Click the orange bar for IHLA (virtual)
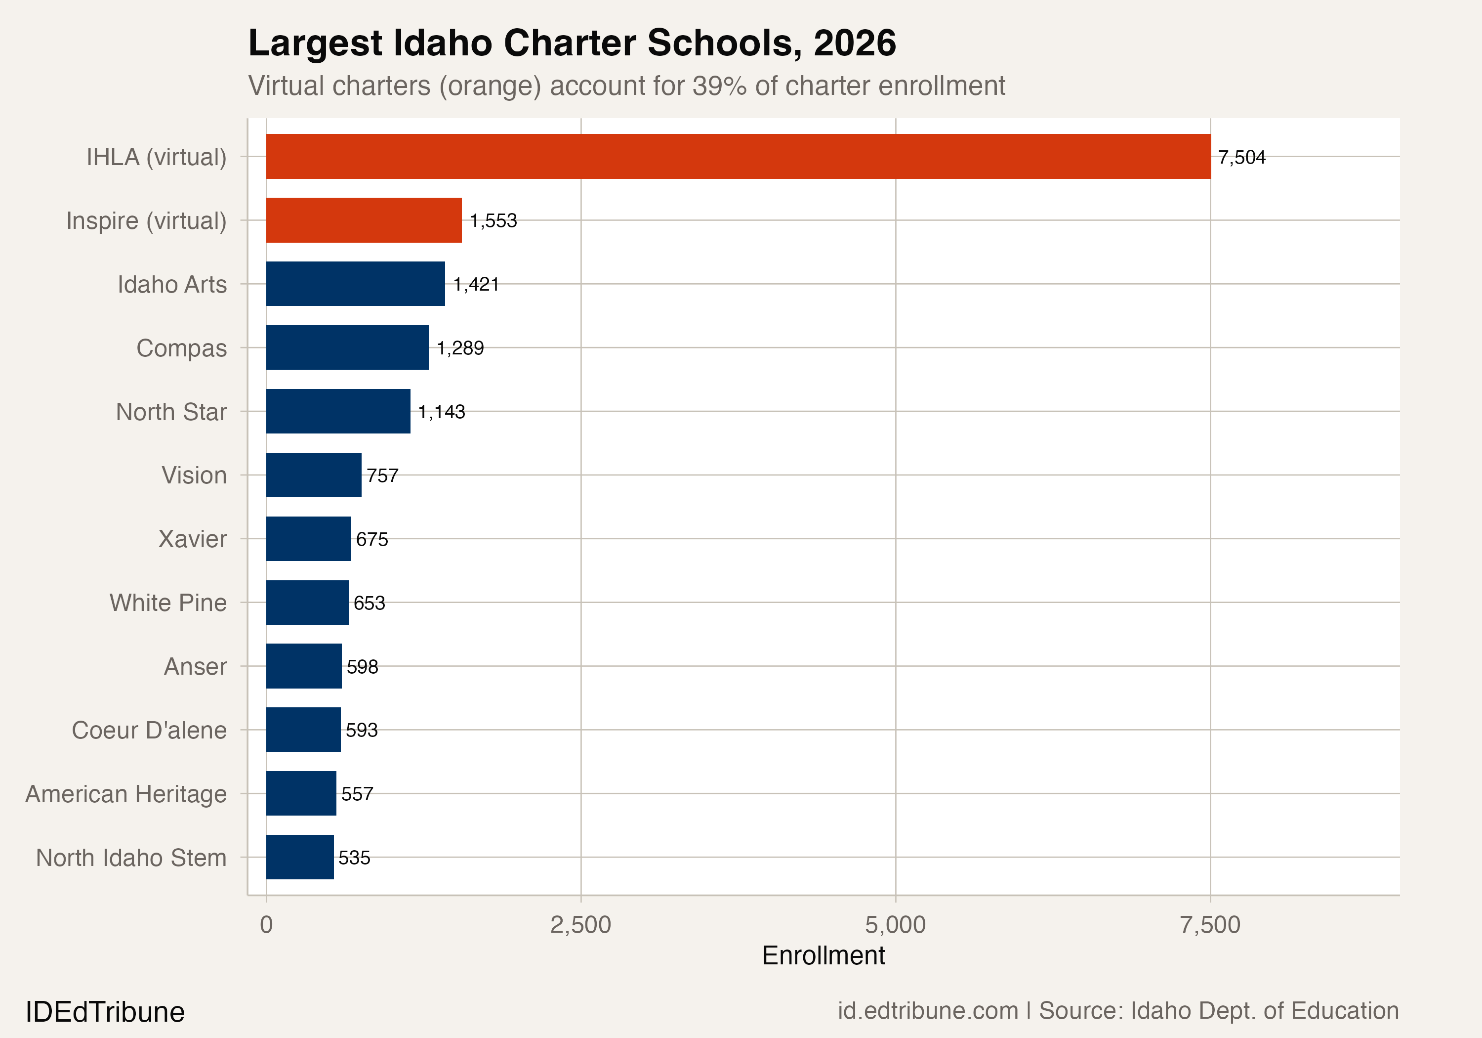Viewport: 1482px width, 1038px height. [738, 156]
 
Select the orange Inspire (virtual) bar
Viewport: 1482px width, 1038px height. [364, 220]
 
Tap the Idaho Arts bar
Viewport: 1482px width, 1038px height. [355, 284]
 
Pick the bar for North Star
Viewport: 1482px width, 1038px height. [337, 411]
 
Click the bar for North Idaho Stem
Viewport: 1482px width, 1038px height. [299, 857]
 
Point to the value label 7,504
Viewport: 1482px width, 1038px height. [1241, 157]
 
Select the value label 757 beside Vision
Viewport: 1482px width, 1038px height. [382, 476]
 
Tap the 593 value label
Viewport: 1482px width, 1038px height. [362, 730]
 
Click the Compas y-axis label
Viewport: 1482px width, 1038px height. [181, 348]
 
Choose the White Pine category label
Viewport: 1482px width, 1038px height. [168, 603]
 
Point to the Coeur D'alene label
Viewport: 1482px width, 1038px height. [149, 730]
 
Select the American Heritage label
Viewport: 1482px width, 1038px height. [126, 794]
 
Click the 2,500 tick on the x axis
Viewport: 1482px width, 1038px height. [580, 925]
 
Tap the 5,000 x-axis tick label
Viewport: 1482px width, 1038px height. [895, 925]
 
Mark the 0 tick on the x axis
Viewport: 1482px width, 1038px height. [266, 925]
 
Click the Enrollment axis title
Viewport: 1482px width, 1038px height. [823, 955]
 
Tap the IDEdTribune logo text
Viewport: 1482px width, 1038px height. [105, 1011]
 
